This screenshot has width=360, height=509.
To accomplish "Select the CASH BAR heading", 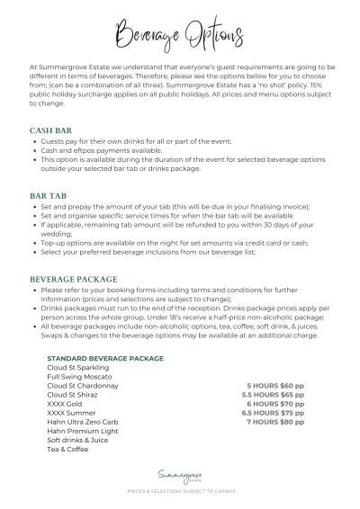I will pyautogui.click(x=52, y=130).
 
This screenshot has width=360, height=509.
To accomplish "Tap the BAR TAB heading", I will pyautogui.click(x=49, y=195).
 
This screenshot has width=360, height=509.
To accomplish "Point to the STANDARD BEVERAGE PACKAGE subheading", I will pyautogui.click(x=104, y=358).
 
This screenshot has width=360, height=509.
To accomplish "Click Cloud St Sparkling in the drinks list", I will pyautogui.click(x=79, y=367).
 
